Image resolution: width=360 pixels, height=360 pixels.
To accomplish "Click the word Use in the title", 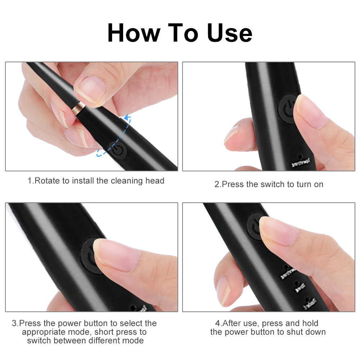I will point(230,33).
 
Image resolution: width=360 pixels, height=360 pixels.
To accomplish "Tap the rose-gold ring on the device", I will point(78,107).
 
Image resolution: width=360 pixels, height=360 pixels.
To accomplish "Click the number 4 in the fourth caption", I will point(217,323).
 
